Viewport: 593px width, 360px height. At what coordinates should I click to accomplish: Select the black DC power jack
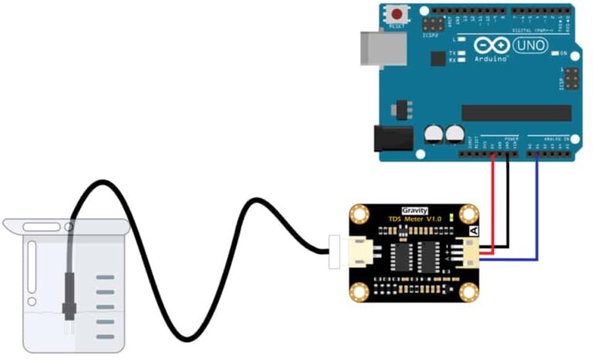(x=392, y=138)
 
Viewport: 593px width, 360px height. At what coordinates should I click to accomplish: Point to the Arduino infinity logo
(x=494, y=45)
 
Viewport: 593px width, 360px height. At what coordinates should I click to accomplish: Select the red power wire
(x=493, y=201)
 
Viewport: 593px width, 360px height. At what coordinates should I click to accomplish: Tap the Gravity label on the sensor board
(x=415, y=210)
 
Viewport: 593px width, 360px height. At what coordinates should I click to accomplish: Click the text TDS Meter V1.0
(x=414, y=220)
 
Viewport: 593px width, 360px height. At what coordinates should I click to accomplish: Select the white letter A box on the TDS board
(x=474, y=229)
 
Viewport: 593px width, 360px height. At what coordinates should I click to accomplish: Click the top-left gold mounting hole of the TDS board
(x=359, y=215)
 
